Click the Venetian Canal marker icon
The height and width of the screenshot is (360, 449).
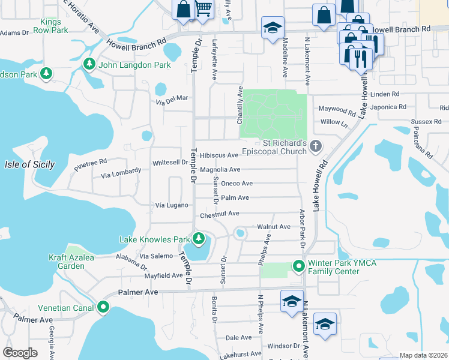103,308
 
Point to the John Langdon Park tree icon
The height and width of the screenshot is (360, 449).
89,64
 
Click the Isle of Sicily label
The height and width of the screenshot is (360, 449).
29,164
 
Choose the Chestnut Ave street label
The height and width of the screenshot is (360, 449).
220,213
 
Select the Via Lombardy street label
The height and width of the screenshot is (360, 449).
121,173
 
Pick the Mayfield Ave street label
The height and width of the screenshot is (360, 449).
163,275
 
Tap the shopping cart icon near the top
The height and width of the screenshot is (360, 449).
203,9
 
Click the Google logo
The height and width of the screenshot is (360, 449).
20,353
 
